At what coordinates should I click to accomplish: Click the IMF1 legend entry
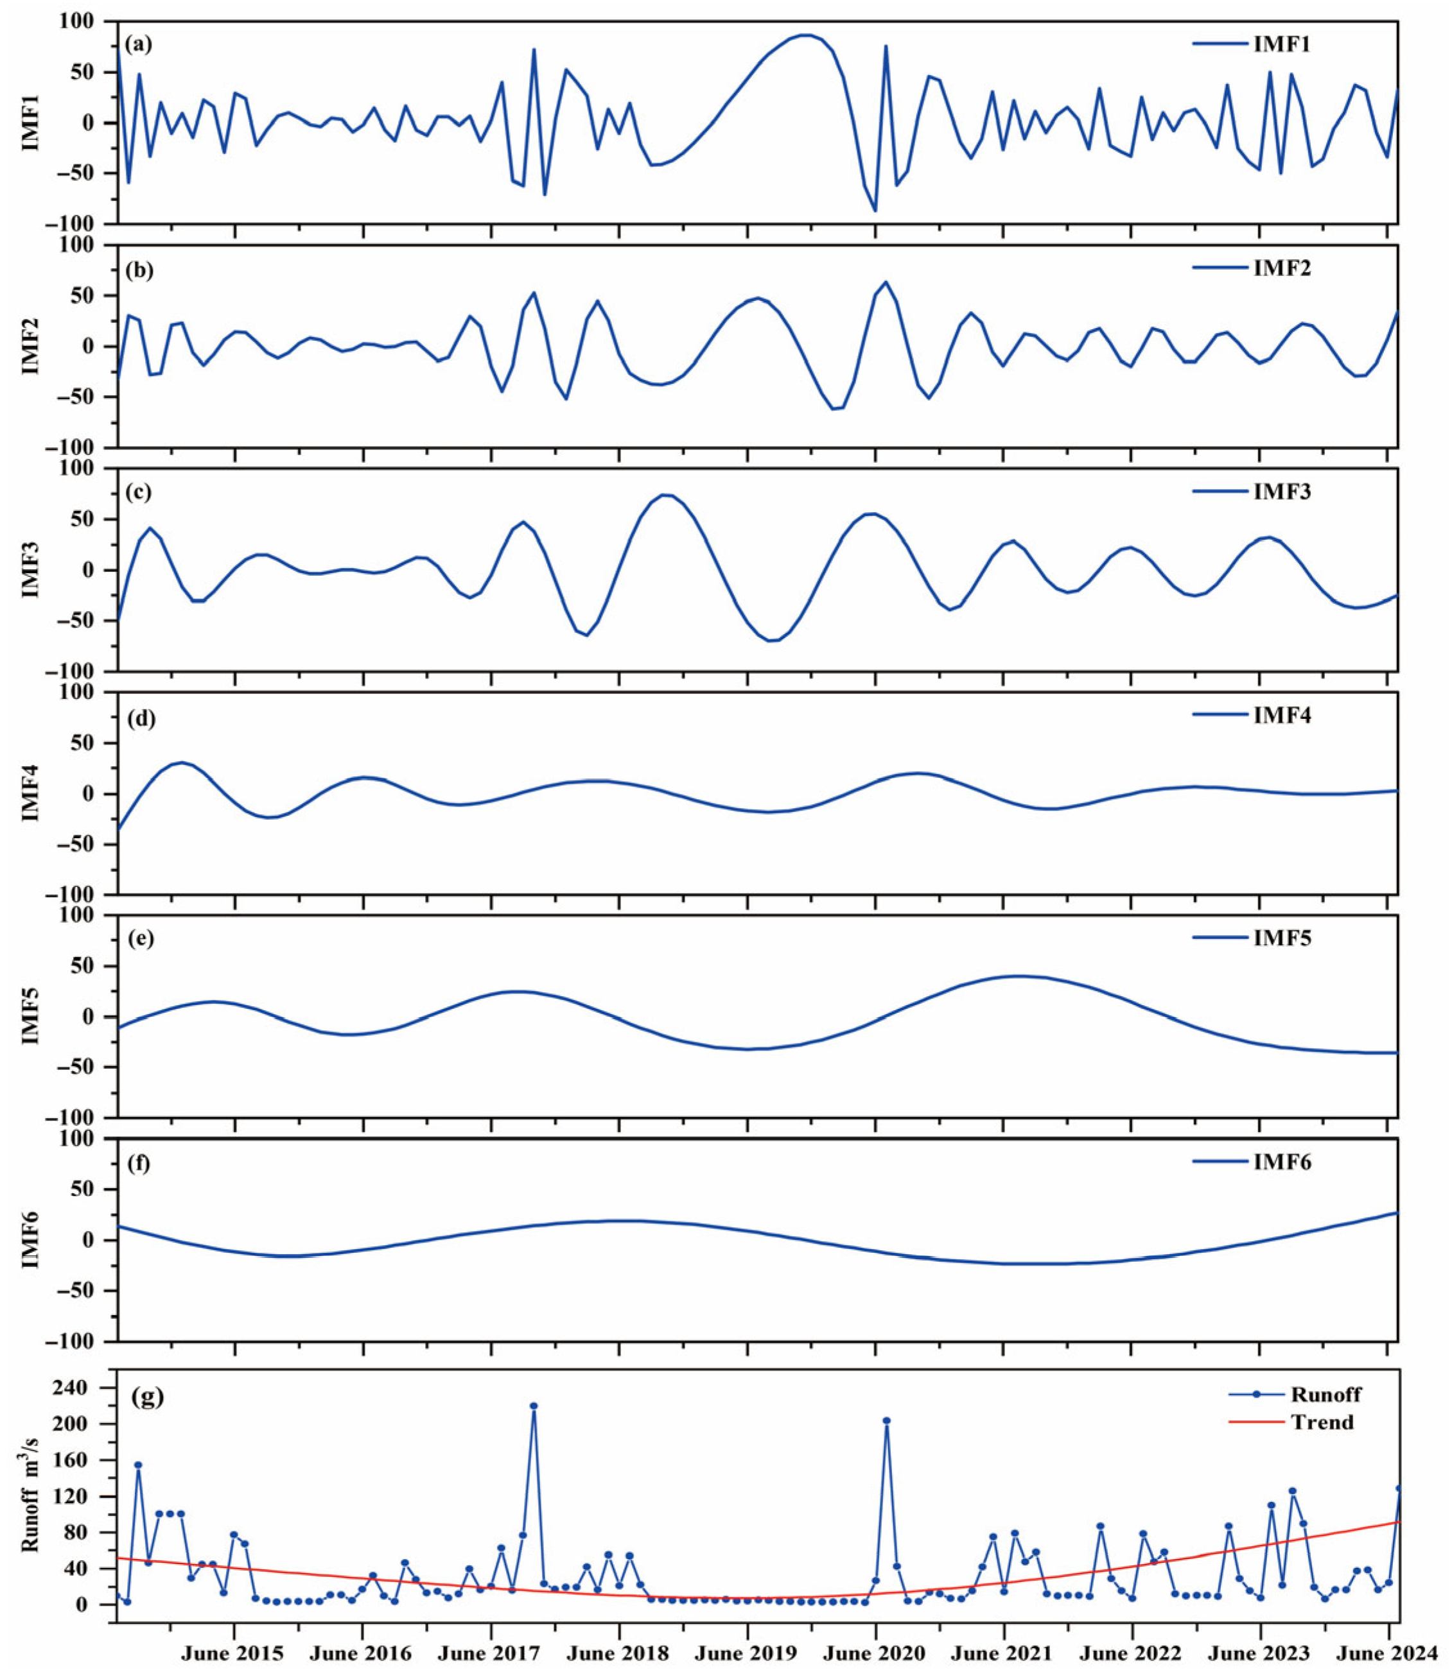[x=1252, y=44]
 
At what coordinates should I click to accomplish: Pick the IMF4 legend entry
[x=1252, y=715]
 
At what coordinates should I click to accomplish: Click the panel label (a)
[x=139, y=44]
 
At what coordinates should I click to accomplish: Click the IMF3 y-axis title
[x=31, y=570]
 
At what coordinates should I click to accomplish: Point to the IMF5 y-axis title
[x=31, y=1016]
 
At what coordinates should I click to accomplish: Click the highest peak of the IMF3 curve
[x=665, y=494]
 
